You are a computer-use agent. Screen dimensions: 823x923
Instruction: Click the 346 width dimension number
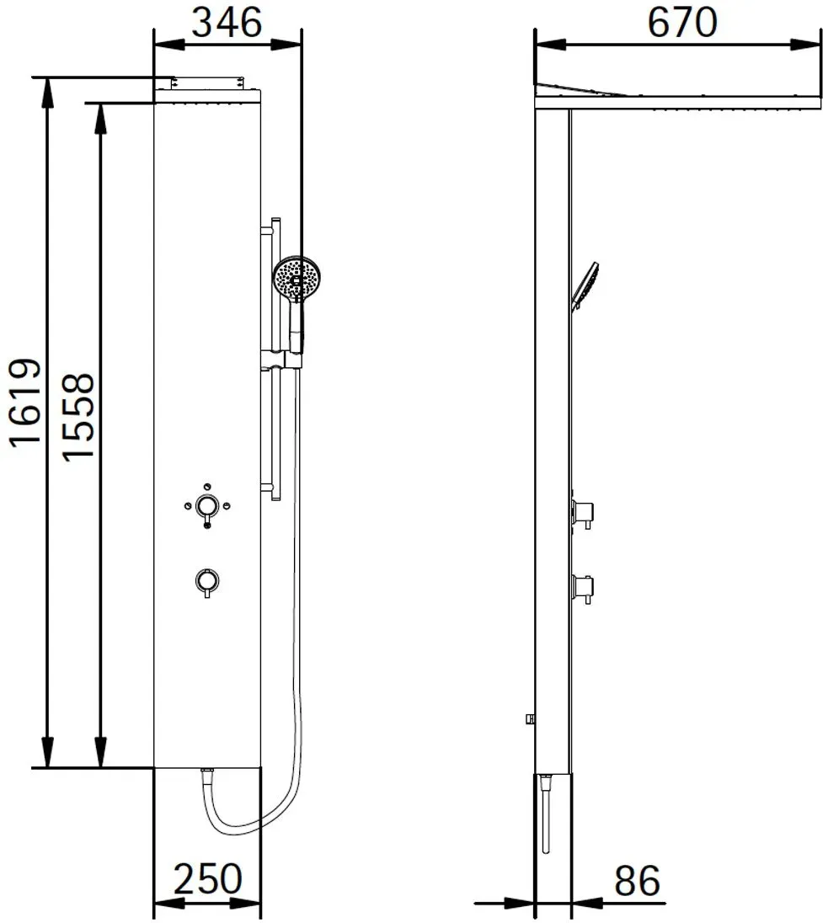click(227, 24)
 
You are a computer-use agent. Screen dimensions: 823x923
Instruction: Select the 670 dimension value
click(682, 23)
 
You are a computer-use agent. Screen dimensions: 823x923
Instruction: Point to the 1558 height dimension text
click(78, 416)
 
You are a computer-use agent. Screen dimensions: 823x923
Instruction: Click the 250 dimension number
click(208, 879)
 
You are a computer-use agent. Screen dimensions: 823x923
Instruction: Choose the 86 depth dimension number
click(637, 881)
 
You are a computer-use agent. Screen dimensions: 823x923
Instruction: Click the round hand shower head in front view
click(297, 279)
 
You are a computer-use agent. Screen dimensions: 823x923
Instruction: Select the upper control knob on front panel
click(206, 506)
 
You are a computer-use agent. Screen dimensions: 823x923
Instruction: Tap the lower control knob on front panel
click(206, 582)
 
